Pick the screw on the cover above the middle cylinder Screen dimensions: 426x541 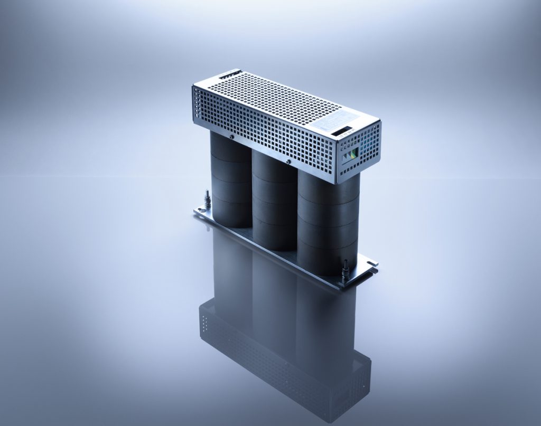tap(288, 162)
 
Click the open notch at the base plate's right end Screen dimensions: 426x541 tap(373, 262)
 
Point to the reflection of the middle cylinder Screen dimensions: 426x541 tap(272, 285)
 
